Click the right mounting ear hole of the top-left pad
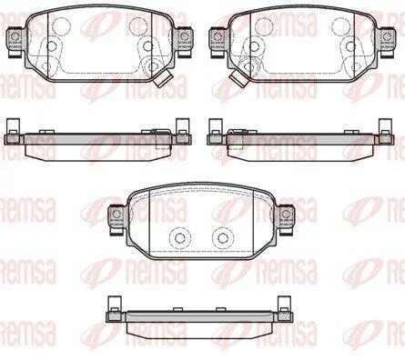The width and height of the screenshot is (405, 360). [184, 36]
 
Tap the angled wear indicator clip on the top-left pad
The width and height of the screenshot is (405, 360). [163, 79]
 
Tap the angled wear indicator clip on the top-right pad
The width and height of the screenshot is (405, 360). [238, 79]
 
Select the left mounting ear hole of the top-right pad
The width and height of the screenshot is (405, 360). [218, 36]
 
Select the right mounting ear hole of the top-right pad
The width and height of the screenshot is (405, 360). [387, 36]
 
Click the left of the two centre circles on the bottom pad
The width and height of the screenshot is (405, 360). [180, 237]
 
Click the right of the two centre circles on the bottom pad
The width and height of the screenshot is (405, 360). [223, 237]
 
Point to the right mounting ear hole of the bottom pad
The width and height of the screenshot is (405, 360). [286, 214]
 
